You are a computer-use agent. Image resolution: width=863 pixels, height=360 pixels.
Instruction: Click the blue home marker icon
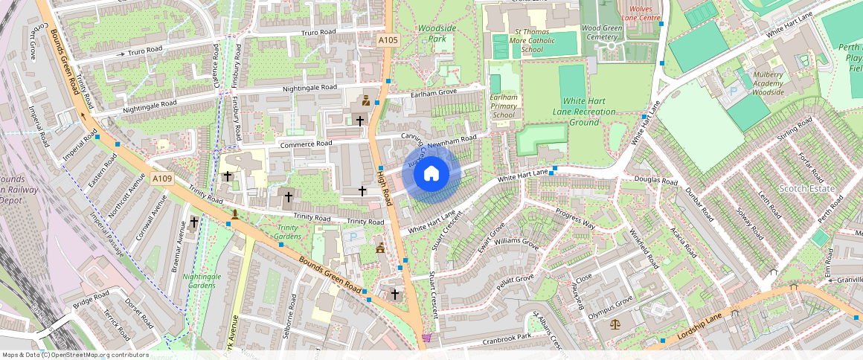tap(431, 174)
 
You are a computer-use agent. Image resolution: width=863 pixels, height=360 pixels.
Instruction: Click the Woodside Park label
tap(436, 33)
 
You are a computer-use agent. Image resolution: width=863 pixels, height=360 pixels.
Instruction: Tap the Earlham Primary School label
tap(504, 106)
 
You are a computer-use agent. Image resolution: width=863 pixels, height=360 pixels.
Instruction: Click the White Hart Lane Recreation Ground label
tap(589, 112)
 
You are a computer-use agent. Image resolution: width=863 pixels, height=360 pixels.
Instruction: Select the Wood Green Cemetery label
tap(602, 33)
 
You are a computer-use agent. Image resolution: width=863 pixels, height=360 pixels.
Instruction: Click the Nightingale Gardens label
tap(202, 280)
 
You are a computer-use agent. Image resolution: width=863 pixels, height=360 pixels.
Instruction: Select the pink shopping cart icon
tap(426, 337)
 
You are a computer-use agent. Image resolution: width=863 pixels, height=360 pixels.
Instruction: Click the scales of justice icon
tap(615, 325)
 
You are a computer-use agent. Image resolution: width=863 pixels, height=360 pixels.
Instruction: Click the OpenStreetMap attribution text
tap(75, 355)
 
